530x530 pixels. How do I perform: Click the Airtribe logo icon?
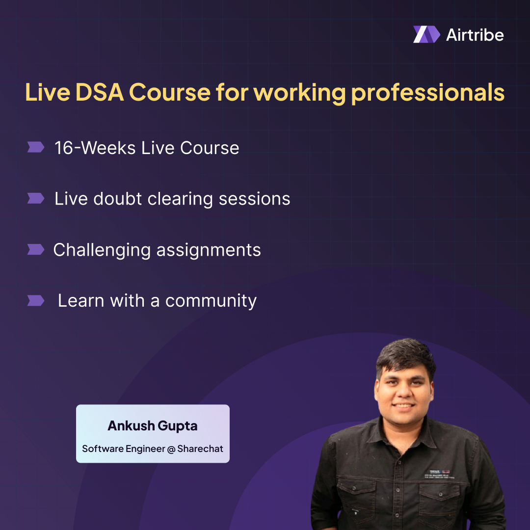426,34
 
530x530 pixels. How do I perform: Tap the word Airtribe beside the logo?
475,34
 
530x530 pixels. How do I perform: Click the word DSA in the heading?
94,92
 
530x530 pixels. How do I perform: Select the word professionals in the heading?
428,93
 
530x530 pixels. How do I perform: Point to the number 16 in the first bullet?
64,148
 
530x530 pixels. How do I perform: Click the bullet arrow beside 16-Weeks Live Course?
35,147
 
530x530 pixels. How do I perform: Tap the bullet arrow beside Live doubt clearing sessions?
35,198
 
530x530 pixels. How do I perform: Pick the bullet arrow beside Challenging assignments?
35,249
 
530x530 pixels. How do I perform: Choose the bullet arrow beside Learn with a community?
35,300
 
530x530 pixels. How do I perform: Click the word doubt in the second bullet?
118,199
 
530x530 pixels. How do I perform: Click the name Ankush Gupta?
153,426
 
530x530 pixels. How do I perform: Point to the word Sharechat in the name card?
200,449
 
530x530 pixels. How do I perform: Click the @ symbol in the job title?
171,449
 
